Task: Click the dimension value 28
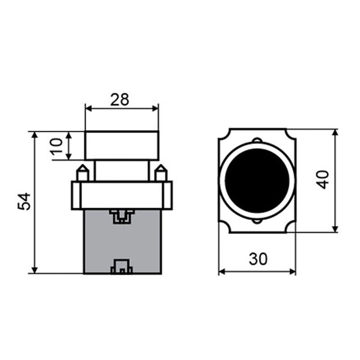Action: point(120,99)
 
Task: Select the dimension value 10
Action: point(56,146)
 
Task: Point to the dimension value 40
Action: point(323,180)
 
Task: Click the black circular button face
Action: point(257,180)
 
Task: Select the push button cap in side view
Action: point(121,145)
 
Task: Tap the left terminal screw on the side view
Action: point(82,173)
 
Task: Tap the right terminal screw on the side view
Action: point(161,173)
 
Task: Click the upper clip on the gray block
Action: point(122,216)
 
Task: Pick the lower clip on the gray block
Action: point(122,267)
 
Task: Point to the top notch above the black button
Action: point(257,139)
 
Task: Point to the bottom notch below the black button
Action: point(257,221)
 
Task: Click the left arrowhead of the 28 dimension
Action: point(88,108)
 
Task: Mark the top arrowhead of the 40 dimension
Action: point(335,133)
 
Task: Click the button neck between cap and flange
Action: point(121,170)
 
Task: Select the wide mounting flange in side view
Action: point(121,195)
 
